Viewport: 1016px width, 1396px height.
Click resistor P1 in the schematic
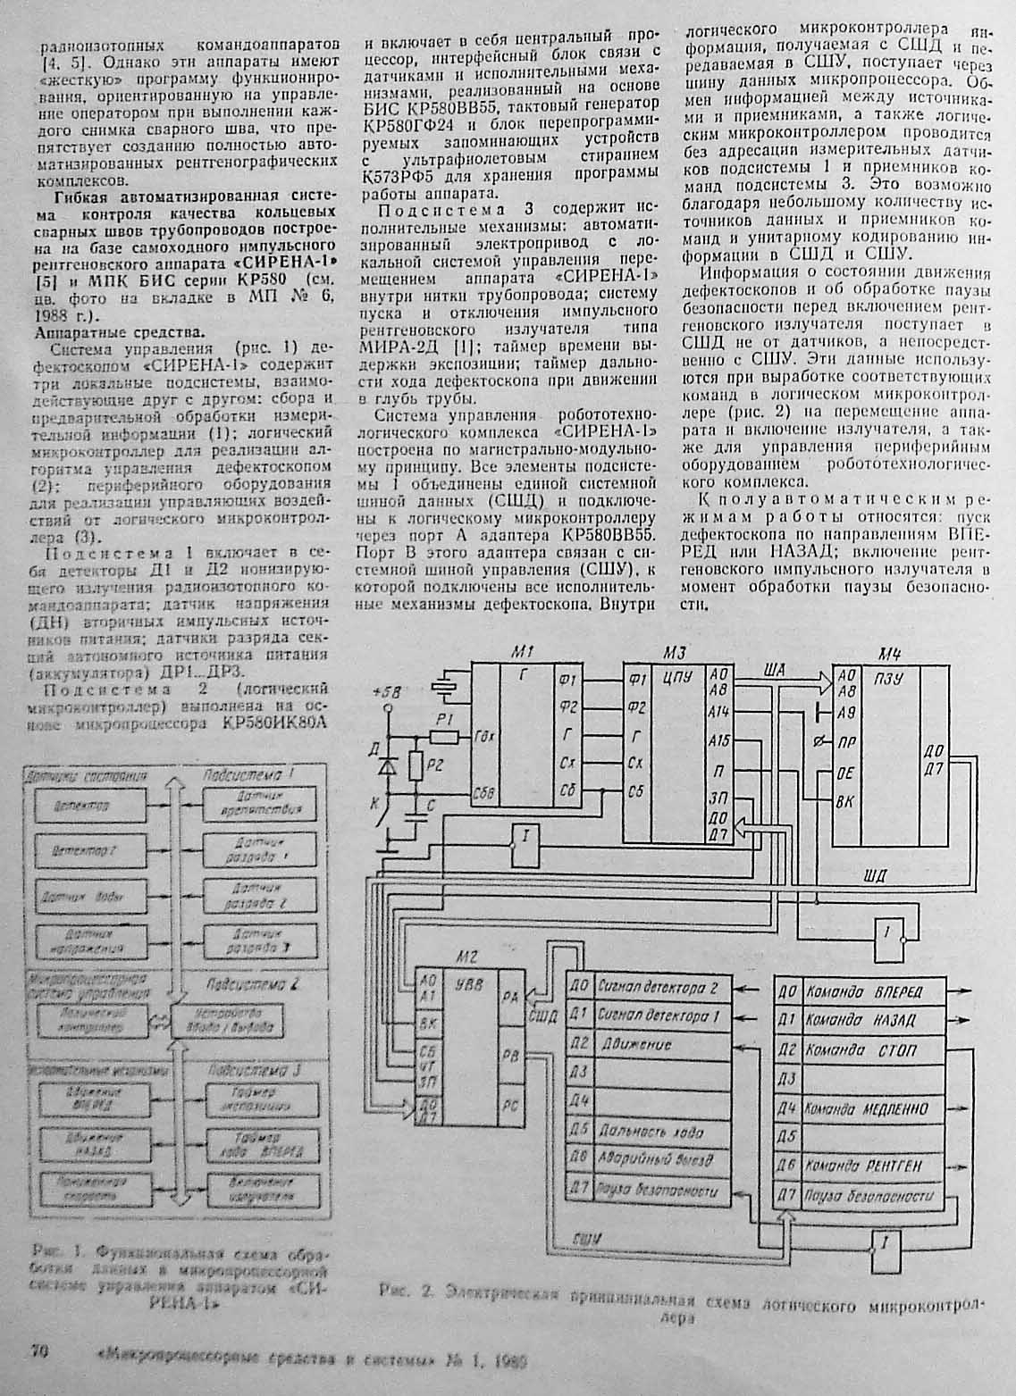coord(443,736)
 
